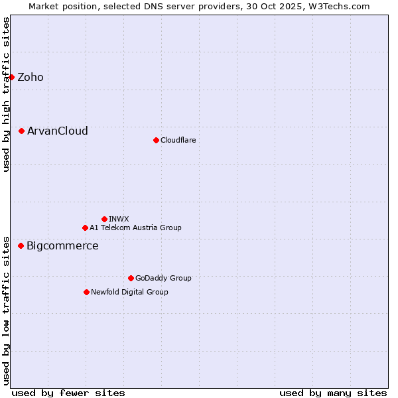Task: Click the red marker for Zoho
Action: pyautogui.click(x=11, y=77)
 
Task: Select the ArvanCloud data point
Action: pyautogui.click(x=21, y=131)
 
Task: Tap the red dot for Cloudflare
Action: pyautogui.click(x=156, y=140)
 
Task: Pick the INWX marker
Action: pyautogui.click(x=104, y=219)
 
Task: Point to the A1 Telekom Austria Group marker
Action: pyautogui.click(x=85, y=228)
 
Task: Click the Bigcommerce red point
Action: pyautogui.click(x=21, y=245)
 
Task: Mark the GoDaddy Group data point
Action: pyautogui.click(x=131, y=278)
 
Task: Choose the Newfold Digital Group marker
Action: pyautogui.click(x=86, y=292)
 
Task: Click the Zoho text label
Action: pyautogui.click(x=31, y=77)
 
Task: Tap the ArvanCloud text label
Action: pyautogui.click(x=58, y=131)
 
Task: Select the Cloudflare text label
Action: pyautogui.click(x=178, y=140)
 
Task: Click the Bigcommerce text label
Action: pyautogui.click(x=62, y=245)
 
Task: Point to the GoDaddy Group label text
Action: pyautogui.click(x=163, y=278)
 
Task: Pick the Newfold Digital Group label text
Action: pyautogui.click(x=129, y=292)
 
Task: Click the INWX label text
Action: pyautogui.click(x=119, y=219)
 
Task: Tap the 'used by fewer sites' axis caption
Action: pyautogui.click(x=68, y=393)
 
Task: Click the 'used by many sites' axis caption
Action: pyautogui.click(x=333, y=393)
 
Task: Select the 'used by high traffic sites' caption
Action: pyautogui.click(x=6, y=94)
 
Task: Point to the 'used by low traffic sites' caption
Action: pyautogui.click(x=6, y=310)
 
